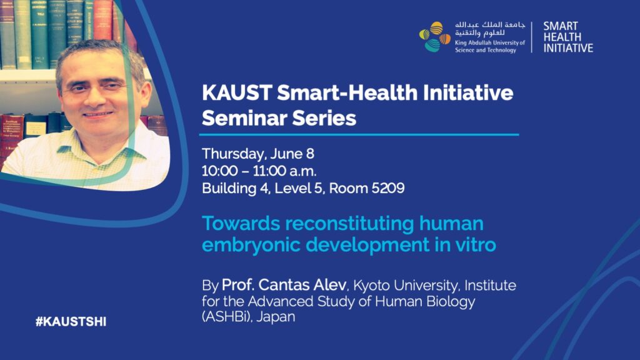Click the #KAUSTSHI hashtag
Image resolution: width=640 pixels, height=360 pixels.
point(71,322)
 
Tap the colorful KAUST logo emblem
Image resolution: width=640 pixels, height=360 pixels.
point(434,37)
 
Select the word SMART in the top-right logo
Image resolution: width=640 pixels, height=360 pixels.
point(561,26)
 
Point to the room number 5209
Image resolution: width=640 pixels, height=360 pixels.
point(387,188)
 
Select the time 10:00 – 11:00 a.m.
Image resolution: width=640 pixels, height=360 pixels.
point(259,171)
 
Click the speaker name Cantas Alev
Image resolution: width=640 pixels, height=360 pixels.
point(302,285)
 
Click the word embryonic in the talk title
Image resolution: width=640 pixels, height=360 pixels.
point(251,245)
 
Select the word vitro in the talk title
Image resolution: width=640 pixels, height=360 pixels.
point(474,245)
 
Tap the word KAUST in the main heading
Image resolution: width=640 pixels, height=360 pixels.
point(237,92)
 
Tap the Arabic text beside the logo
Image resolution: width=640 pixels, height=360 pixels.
point(490,29)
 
